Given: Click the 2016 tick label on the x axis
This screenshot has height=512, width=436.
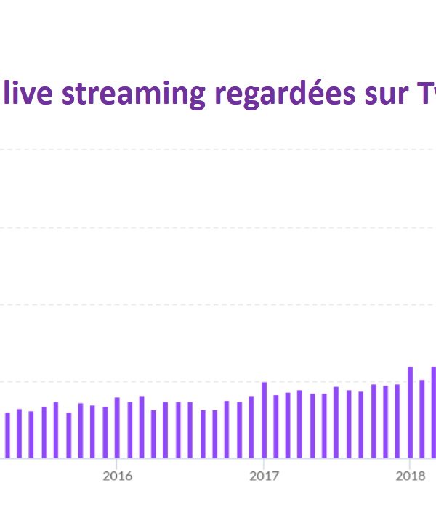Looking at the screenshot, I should point(117,476).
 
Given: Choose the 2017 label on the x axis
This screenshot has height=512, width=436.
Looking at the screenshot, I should point(264,476).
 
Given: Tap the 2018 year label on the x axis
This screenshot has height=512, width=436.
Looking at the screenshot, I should point(411,476).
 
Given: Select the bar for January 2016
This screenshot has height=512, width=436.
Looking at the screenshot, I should point(117,428).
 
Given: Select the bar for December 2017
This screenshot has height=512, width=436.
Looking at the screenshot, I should point(398,421).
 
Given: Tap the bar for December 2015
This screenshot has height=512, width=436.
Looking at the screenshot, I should point(105,432).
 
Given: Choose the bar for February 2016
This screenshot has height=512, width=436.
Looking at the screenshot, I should point(129,430).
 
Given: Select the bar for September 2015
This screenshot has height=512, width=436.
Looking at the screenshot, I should point(68,435).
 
